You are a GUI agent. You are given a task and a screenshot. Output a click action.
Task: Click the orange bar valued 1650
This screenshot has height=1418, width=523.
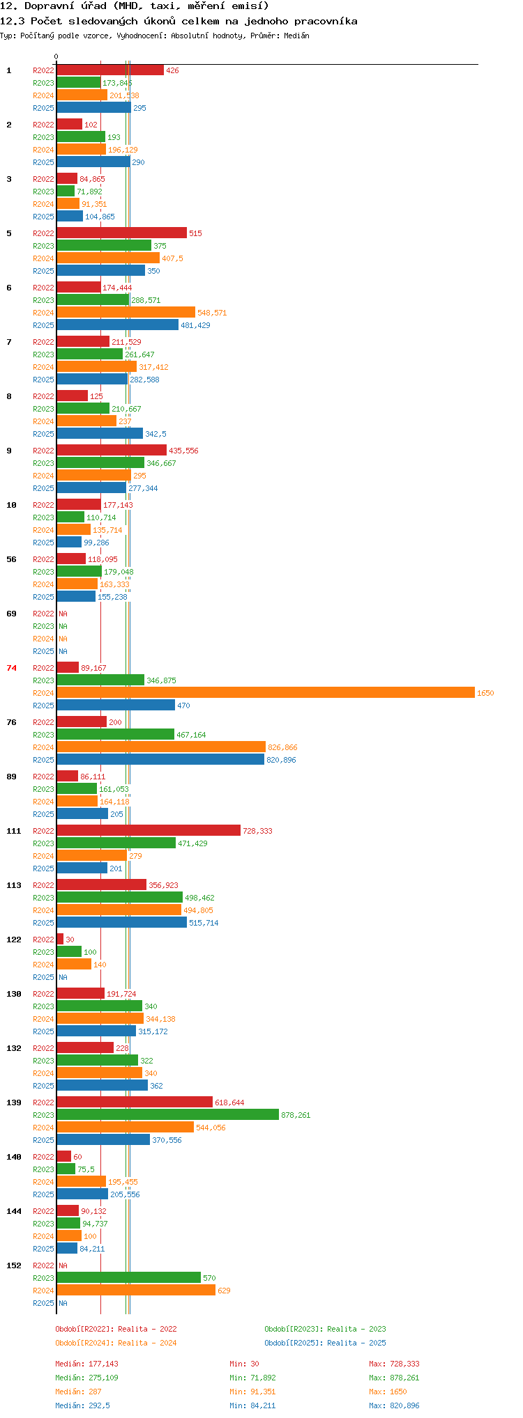(266, 692)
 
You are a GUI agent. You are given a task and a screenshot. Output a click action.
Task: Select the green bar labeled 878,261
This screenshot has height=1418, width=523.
(168, 1114)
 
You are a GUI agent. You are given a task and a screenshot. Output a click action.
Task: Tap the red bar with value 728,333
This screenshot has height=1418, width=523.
(149, 830)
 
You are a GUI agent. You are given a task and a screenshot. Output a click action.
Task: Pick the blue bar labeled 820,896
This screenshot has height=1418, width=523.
(160, 759)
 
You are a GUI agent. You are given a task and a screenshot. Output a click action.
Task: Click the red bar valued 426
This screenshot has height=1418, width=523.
(110, 70)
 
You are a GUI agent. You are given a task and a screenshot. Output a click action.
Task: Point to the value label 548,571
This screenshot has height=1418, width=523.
(212, 313)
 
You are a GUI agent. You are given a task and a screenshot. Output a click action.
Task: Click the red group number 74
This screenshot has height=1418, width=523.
(12, 668)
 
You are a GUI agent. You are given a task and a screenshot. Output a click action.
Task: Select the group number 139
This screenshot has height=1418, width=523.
(14, 1103)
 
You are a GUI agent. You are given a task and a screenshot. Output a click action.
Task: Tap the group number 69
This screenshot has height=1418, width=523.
(12, 614)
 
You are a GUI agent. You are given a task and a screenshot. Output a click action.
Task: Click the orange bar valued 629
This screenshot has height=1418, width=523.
(136, 1290)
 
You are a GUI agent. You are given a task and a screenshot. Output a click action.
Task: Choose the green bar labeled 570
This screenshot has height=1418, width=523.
(129, 1277)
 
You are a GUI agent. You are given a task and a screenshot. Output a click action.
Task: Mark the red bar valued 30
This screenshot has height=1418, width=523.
(60, 939)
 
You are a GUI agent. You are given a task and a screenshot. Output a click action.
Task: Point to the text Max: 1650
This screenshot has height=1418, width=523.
(388, 1392)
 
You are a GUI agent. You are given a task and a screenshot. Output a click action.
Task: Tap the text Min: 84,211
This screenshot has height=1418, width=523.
(252, 1405)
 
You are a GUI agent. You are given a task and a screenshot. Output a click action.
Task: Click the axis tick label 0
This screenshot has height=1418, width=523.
(56, 56)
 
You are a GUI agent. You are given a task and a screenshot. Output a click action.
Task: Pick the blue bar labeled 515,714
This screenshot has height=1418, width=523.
(122, 922)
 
